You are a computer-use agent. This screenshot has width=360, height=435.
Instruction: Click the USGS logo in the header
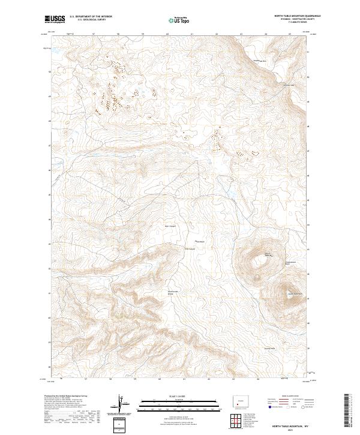(x=55, y=19)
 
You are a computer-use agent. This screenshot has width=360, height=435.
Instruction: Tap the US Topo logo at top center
(x=180, y=20)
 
